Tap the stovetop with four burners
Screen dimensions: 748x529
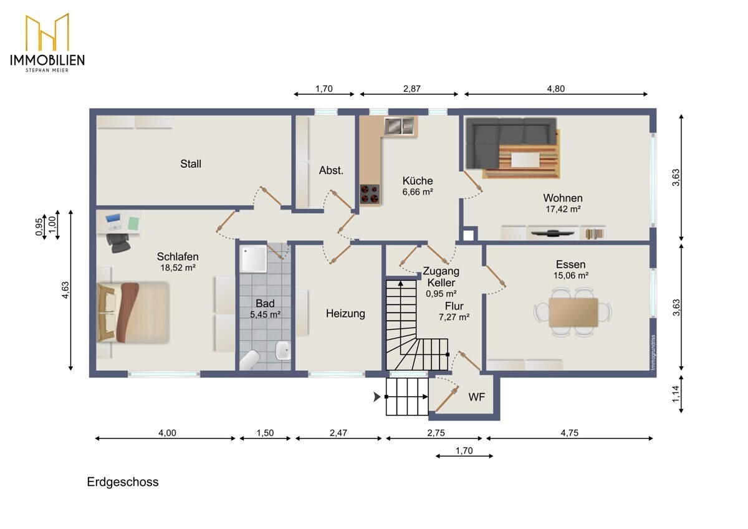(370, 194)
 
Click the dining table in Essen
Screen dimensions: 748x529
(573, 313)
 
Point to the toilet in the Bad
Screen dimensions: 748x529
(249, 360)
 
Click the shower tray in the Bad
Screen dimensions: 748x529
(254, 259)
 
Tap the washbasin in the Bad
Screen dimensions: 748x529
(283, 350)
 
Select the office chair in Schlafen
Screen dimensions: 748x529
(118, 243)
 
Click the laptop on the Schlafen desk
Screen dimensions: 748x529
(113, 221)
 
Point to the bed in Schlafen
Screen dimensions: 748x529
(133, 313)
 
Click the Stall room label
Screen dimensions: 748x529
(191, 163)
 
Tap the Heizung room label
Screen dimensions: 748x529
(345, 313)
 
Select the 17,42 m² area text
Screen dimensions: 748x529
(563, 209)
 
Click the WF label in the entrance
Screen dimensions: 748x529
(476, 397)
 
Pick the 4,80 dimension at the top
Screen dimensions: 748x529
(555, 89)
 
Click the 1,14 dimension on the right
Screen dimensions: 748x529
(676, 394)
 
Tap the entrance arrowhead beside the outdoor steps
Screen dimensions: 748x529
(377, 397)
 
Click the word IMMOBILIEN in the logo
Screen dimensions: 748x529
(47, 60)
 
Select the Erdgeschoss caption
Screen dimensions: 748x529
(123, 482)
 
